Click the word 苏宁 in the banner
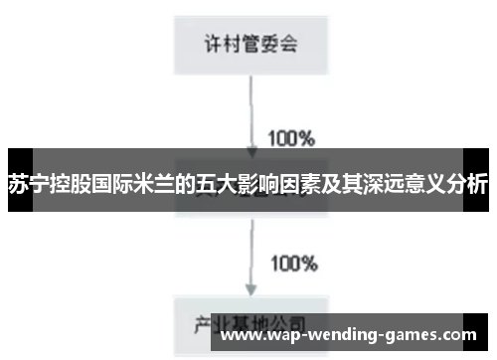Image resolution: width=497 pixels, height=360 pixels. point(29,185)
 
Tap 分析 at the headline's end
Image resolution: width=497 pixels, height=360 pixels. point(466,185)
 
